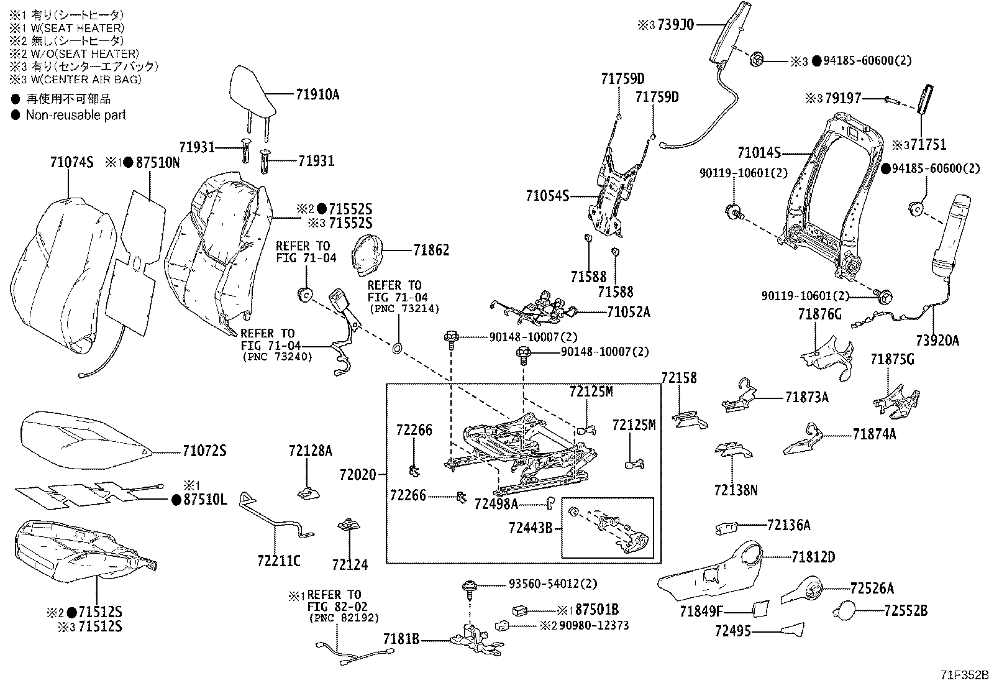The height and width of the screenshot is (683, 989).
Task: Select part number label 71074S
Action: point(71,163)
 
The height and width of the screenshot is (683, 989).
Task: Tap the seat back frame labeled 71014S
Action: point(826,199)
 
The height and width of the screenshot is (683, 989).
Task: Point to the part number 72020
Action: point(358,475)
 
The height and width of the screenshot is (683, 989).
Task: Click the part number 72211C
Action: point(278,561)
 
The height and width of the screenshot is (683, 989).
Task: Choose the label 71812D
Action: point(813,557)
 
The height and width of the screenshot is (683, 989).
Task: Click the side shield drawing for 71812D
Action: point(714,572)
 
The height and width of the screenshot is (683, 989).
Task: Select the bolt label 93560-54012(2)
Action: point(544,585)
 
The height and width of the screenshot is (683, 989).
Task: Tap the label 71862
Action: point(431,250)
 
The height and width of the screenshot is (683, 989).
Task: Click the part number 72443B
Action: point(530,528)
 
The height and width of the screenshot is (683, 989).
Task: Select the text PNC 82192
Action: point(343,618)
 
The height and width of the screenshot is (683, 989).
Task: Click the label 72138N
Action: point(736,490)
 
